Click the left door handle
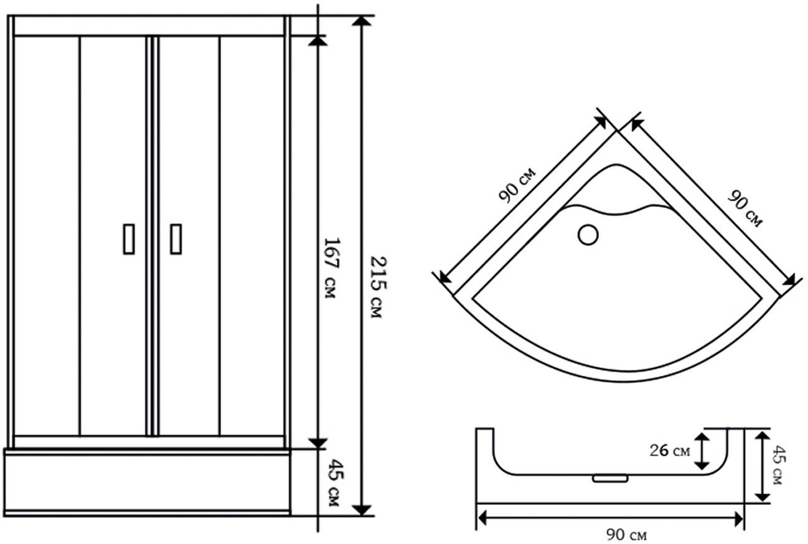point(129,239)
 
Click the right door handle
point(176,239)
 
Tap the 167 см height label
point(332,268)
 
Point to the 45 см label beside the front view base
point(336,482)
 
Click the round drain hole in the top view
point(588,235)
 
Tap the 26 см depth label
point(670,451)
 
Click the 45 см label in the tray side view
point(779,465)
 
